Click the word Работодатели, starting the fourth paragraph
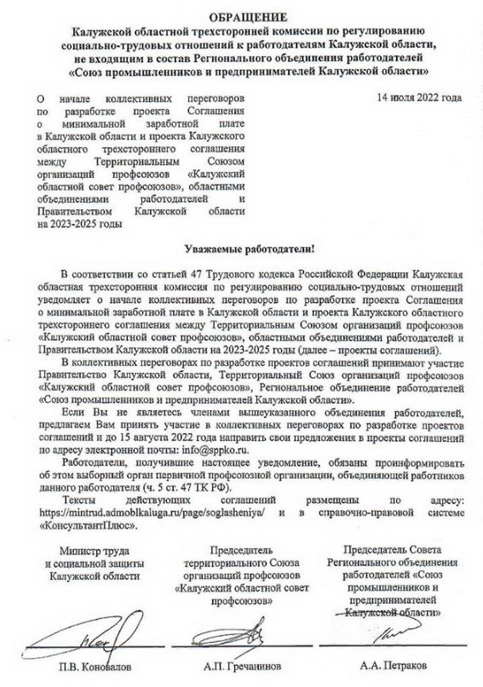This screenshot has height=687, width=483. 92,463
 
